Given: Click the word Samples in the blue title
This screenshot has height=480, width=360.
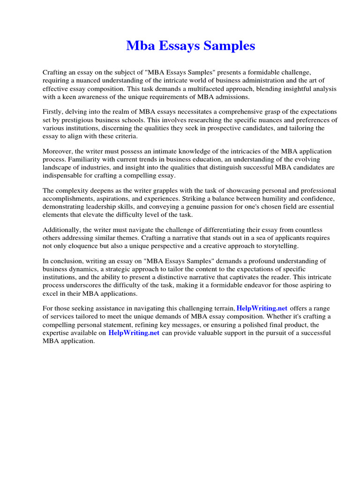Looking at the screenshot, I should (230, 46).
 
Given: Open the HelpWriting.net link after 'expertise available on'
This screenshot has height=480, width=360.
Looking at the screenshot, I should (134, 333).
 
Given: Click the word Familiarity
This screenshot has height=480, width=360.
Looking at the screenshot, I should (60, 159).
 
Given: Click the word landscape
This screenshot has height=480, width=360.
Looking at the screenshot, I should (57, 167).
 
